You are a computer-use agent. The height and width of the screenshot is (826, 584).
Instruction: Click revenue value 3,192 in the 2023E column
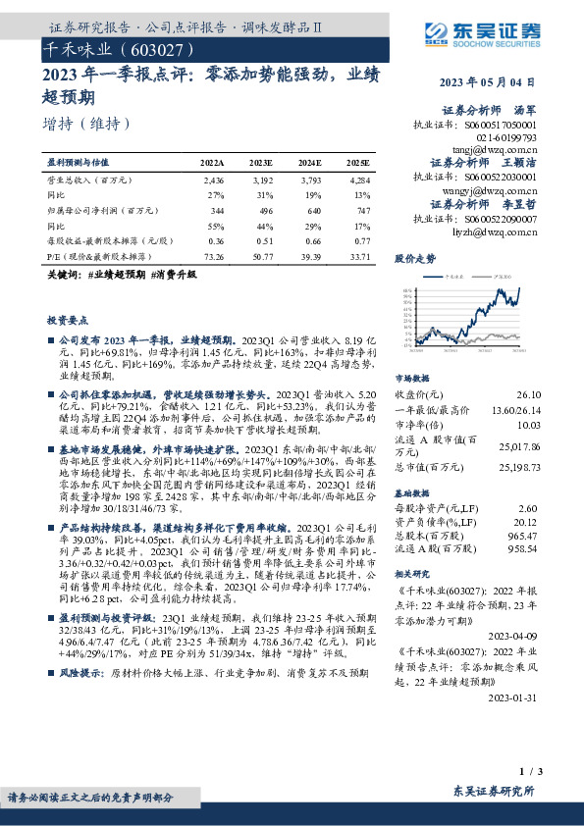click(x=261, y=181)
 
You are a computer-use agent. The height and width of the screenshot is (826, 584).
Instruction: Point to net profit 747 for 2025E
click(x=363, y=211)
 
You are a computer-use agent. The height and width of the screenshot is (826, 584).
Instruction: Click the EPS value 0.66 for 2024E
click(x=312, y=240)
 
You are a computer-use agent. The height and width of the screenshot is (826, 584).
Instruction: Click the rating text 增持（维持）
click(x=87, y=124)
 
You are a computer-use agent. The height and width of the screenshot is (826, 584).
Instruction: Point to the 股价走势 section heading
click(x=414, y=260)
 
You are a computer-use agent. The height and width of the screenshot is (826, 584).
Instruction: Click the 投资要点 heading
click(x=67, y=321)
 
